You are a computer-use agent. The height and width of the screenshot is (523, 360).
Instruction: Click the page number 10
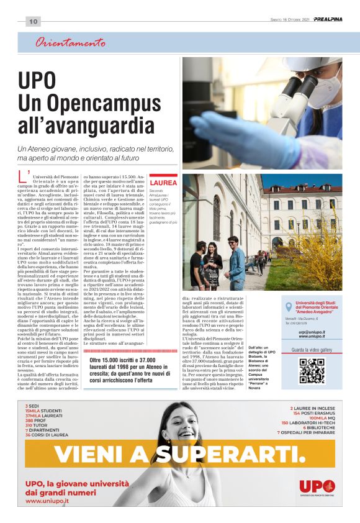coord(34,22)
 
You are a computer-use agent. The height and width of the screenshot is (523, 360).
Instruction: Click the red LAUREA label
coord(163,183)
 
